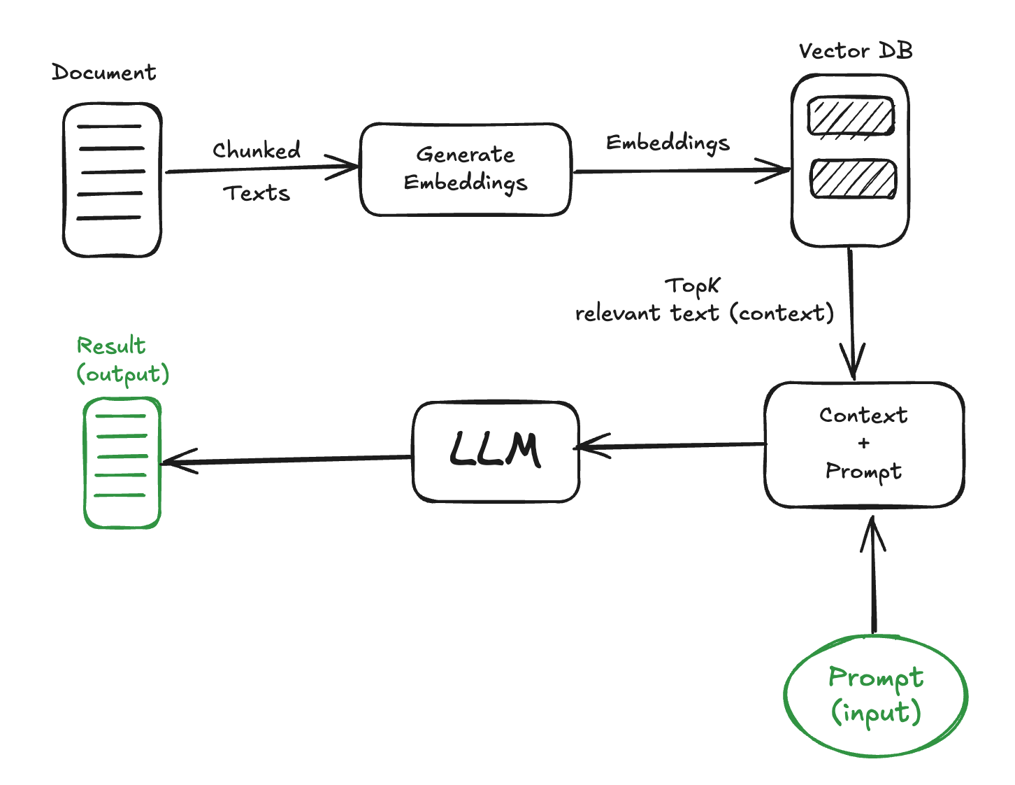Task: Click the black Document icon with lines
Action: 112,180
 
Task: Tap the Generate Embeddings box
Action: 466,169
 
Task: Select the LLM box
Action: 496,451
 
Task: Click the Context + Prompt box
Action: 864,445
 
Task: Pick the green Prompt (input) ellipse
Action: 876,695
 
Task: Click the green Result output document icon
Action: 123,462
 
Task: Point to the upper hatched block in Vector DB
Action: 851,116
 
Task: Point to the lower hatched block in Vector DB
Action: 853,179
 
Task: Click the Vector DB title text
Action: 856,51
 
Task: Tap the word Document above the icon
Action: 103,73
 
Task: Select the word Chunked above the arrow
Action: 257,150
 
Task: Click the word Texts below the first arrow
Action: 257,193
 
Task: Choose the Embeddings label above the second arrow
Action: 668,143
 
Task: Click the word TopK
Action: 692,285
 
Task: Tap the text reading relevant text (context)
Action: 704,313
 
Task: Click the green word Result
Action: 111,346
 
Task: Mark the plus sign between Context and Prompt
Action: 864,444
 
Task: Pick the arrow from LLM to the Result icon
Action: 287,460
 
